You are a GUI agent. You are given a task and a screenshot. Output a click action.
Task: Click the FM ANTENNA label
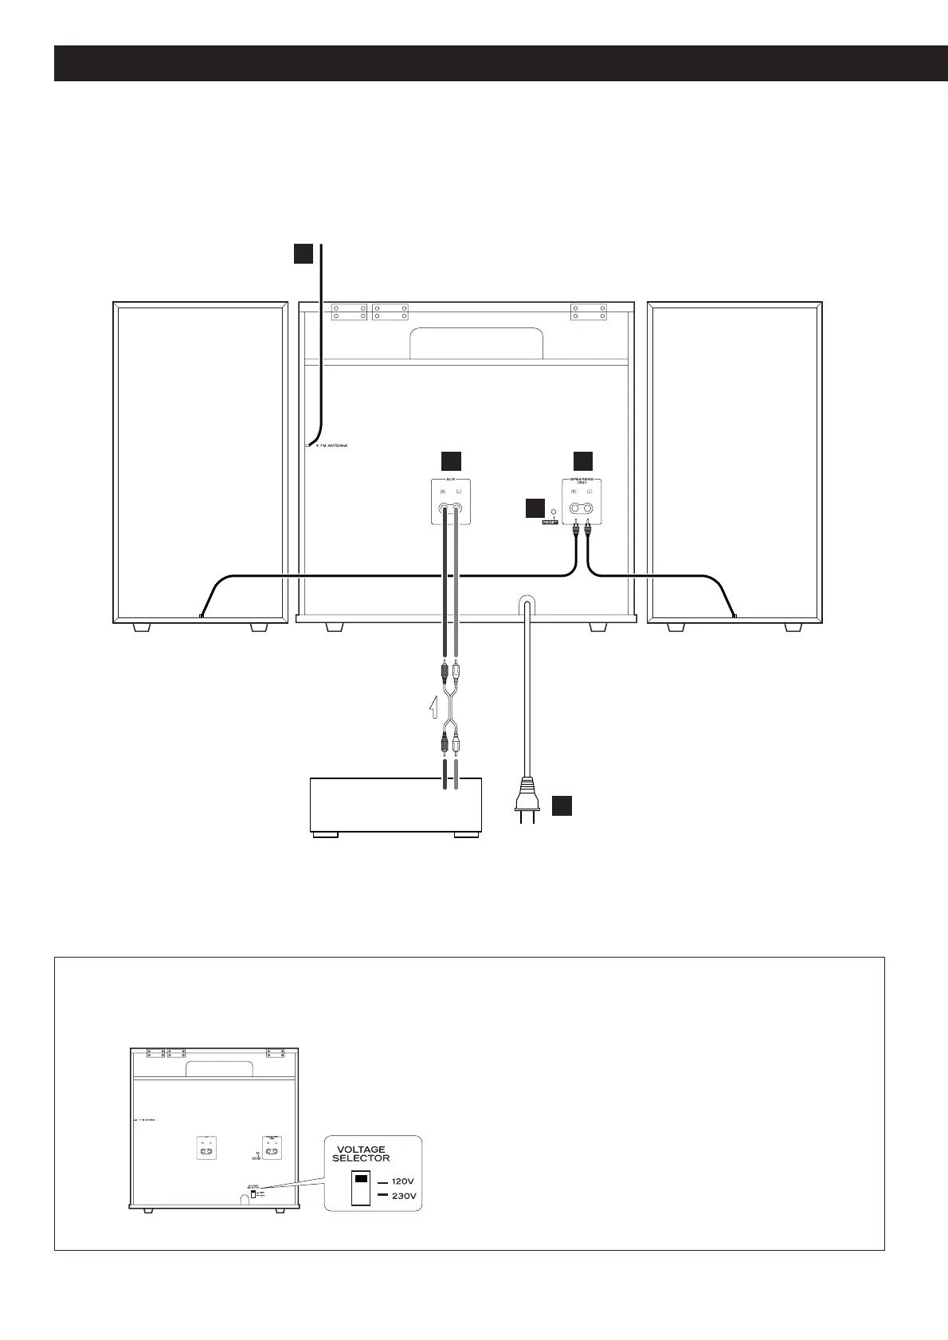coord(333,445)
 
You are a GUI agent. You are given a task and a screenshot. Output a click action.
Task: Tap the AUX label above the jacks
coord(451,480)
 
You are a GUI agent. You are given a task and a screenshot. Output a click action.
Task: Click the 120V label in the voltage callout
coord(403,1182)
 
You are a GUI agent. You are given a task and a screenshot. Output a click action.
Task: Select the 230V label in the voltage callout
coord(403,1197)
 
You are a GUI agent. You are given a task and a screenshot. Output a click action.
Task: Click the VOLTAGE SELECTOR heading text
coord(361,1154)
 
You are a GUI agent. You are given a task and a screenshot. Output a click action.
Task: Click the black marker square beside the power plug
coord(562,805)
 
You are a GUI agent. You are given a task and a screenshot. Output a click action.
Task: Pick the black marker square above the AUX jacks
coord(451,460)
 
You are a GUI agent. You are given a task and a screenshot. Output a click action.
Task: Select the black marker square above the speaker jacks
coord(583,460)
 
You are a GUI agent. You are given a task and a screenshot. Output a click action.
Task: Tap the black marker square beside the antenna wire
coord(303,253)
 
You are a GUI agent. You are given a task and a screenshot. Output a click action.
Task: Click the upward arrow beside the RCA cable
coord(433,706)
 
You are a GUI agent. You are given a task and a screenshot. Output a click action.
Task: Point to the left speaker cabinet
coord(200,461)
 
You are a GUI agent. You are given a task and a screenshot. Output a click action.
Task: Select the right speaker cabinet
coord(735,461)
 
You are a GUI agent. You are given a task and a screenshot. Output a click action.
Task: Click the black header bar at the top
coord(501,64)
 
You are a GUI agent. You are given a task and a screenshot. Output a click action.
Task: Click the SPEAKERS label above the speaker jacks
coord(583,481)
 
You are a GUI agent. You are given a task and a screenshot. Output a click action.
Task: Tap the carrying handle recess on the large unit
coord(476,343)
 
